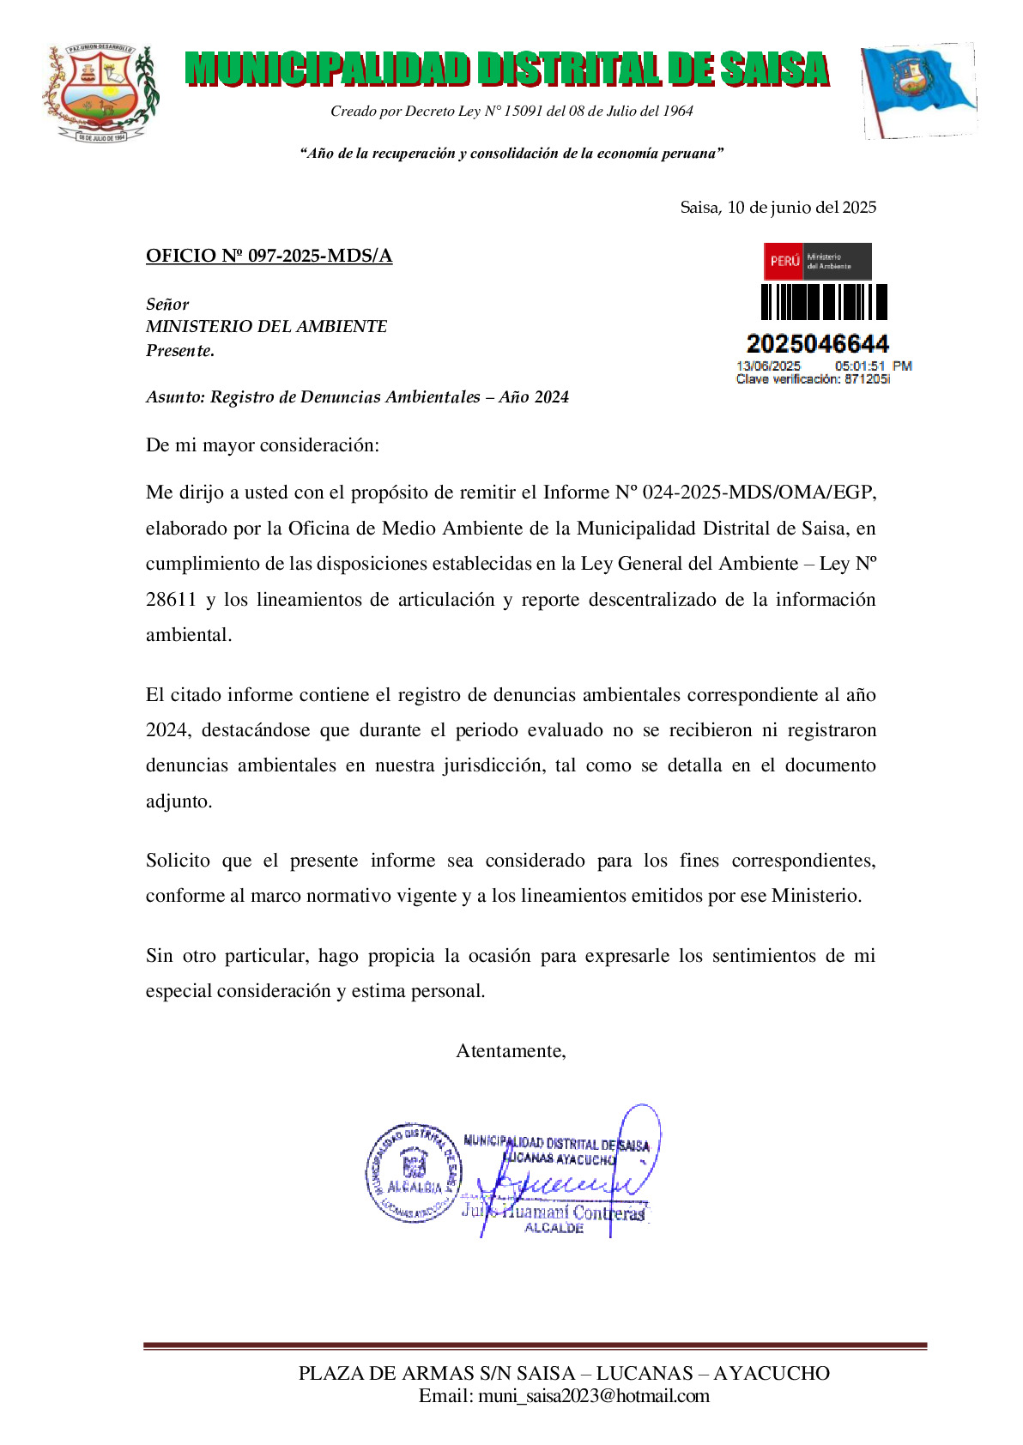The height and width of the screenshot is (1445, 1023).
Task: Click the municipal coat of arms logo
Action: coord(101,93)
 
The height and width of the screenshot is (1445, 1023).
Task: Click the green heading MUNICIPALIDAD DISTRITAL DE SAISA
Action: coord(506,70)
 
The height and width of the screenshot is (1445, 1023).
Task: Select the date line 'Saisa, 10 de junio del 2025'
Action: coord(778,208)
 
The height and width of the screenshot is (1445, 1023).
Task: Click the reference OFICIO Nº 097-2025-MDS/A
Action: coord(269,256)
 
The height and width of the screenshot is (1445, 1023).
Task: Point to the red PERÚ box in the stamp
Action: coord(784,261)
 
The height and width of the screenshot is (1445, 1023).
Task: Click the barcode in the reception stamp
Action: coord(824,302)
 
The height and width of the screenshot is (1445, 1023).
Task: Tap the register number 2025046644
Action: coord(817,344)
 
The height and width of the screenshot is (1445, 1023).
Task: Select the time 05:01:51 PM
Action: coord(873,366)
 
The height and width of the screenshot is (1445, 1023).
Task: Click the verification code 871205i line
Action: coord(813,379)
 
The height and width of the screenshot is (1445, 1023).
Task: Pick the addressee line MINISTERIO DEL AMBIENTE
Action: coord(266,326)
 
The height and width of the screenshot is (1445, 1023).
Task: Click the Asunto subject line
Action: coord(357,396)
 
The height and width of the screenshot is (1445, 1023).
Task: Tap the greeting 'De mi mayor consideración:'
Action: coord(262,444)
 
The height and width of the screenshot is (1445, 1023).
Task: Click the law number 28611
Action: coord(171,599)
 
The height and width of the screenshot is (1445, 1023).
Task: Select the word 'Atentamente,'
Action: coord(511,1051)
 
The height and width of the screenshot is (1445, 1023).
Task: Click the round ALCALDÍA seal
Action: coord(413,1172)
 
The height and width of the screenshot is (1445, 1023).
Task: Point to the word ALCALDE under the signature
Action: coord(554,1228)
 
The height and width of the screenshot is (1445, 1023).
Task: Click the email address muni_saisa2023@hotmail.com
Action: coord(593,1396)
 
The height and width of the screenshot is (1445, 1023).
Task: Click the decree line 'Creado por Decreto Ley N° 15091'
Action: coord(511,111)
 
